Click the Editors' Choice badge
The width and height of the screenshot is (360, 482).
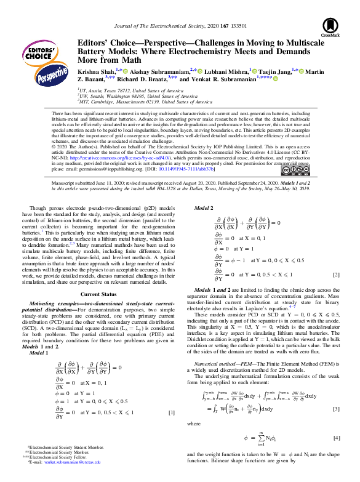coord(39,50)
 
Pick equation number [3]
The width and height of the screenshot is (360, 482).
coord(336,409)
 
